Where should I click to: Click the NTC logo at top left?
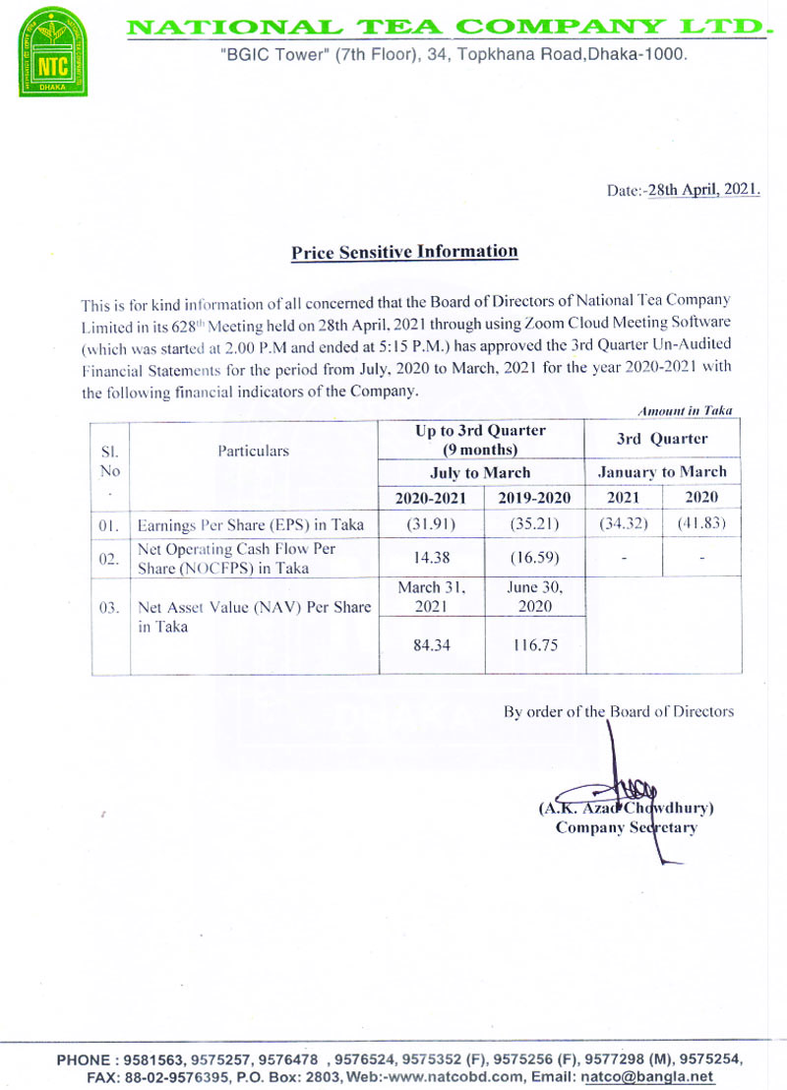pos(54,52)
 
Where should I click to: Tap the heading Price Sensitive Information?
pos(404,252)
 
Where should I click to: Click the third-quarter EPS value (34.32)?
pos(624,523)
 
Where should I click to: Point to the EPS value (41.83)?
pos(701,523)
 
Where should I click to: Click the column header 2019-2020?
pos(535,497)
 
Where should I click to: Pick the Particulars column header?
pos(254,451)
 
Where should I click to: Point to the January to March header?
pos(662,472)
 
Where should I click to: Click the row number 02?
pos(109,558)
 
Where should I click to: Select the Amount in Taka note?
pos(685,410)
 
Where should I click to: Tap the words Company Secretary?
pos(626,827)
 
